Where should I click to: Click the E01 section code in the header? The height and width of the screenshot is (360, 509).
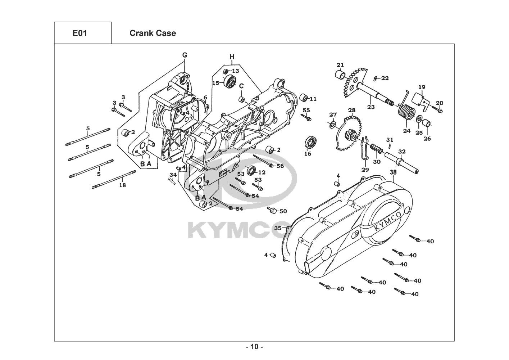click(x=79, y=33)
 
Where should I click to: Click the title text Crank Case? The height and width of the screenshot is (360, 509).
click(x=153, y=33)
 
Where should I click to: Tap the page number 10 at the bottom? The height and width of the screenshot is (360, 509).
click(x=254, y=347)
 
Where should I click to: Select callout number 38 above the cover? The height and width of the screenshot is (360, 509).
click(x=393, y=172)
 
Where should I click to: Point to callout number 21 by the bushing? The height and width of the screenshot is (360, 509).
click(x=340, y=65)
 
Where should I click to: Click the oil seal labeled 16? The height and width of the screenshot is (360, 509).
click(x=308, y=141)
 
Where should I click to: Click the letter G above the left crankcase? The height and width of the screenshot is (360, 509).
click(x=185, y=55)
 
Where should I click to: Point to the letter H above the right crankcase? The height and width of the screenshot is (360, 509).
click(x=232, y=57)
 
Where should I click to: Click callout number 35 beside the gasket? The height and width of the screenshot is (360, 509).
click(x=278, y=228)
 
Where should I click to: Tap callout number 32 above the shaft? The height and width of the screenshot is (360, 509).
click(x=402, y=152)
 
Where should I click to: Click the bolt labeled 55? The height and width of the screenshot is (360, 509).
click(x=308, y=117)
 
